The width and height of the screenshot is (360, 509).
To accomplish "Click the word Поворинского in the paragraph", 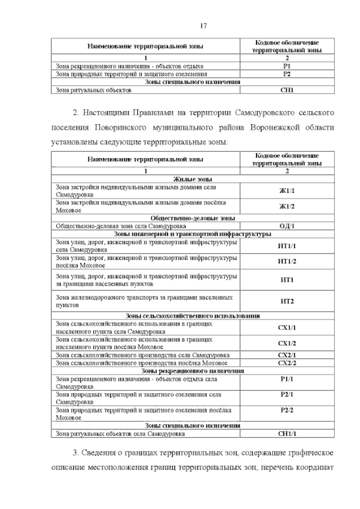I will (120, 128).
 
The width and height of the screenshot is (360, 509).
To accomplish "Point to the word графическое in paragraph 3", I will (306, 453).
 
